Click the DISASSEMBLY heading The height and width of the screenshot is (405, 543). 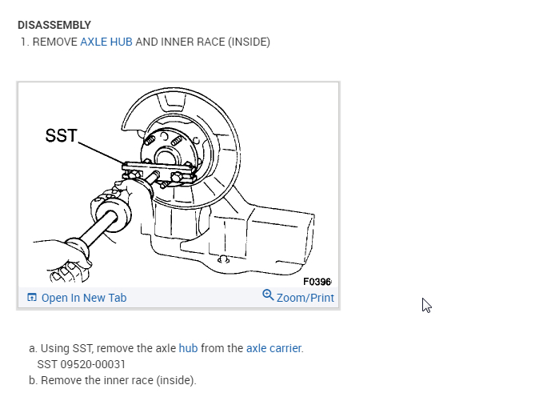(x=54, y=25)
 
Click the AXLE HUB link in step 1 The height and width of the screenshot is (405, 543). (x=106, y=42)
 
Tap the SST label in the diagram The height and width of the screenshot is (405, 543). (x=61, y=135)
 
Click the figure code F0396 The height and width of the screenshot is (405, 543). (x=317, y=282)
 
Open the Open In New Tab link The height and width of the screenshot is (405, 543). (x=84, y=298)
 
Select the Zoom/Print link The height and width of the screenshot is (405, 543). (x=305, y=298)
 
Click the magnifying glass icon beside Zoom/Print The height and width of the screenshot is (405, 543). (x=268, y=295)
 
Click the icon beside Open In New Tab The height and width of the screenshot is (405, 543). (x=32, y=297)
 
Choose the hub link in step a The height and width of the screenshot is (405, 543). (x=188, y=348)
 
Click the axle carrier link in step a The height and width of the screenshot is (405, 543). (x=273, y=348)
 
